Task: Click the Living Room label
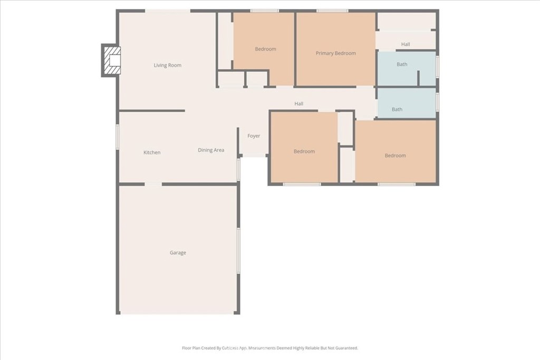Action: pyautogui.click(x=167, y=65)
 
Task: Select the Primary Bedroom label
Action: pyautogui.click(x=336, y=53)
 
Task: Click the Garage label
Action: pyautogui.click(x=178, y=252)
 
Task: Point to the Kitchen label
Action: pyautogui.click(x=152, y=152)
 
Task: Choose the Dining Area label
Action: pyautogui.click(x=211, y=150)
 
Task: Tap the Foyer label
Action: pyautogui.click(x=254, y=136)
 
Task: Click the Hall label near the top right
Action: pyautogui.click(x=406, y=44)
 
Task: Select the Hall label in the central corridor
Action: pyautogui.click(x=299, y=104)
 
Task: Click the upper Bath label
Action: pyautogui.click(x=402, y=64)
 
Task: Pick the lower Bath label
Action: pyautogui.click(x=397, y=109)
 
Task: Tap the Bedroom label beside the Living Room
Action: pyautogui.click(x=266, y=49)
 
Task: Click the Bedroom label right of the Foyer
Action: pyautogui.click(x=304, y=151)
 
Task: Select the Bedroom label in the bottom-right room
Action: pyautogui.click(x=396, y=155)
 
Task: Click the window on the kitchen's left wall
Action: pyautogui.click(x=118, y=137)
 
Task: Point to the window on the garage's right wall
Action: pyautogui.click(x=238, y=250)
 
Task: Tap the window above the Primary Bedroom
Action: pyautogui.click(x=332, y=11)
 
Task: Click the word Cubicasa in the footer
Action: pyautogui.click(x=230, y=348)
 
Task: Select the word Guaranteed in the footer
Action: pyautogui.click(x=348, y=348)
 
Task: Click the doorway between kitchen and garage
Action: pyautogui.click(x=153, y=184)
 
